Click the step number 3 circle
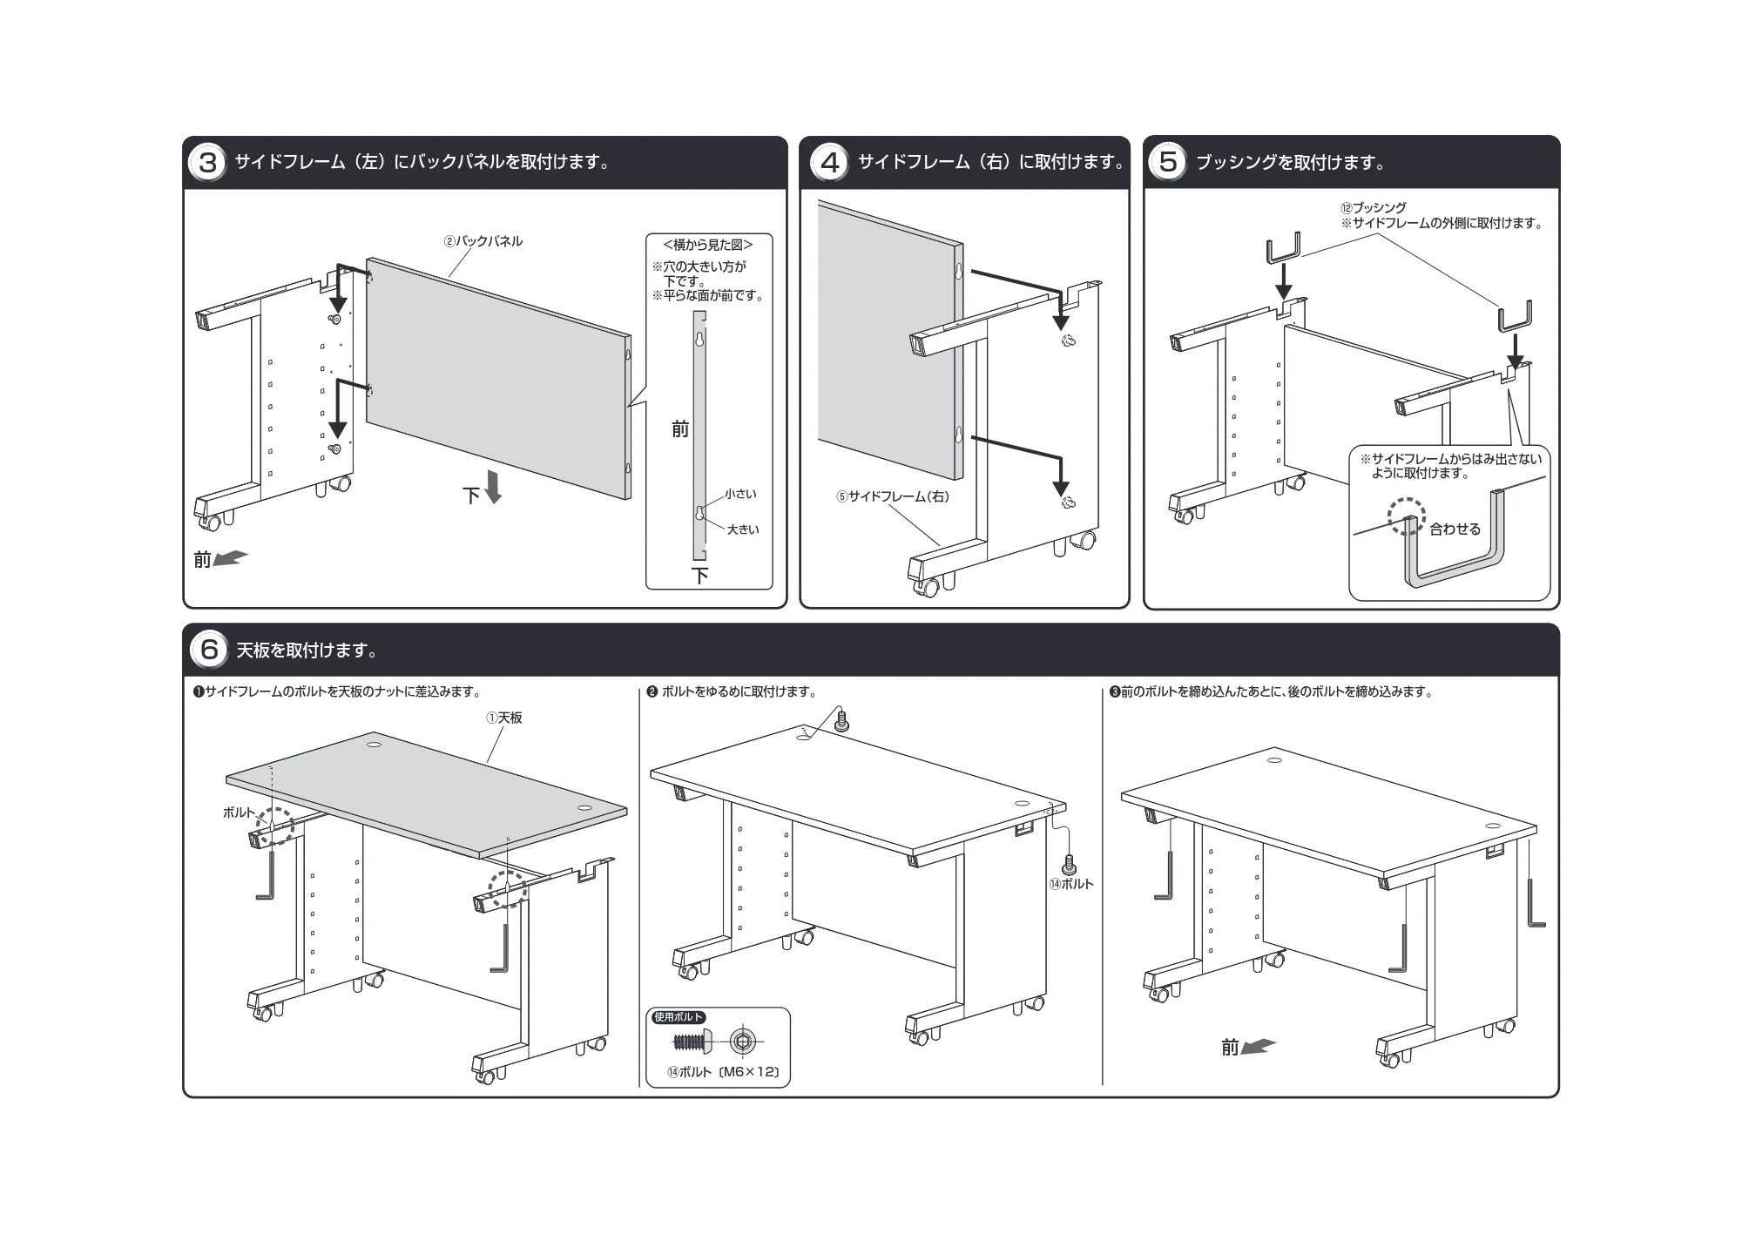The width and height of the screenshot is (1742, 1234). (207, 163)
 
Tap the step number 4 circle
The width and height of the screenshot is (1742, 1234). (829, 163)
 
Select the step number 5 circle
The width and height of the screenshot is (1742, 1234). (1167, 163)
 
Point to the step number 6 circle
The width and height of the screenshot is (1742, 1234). (209, 651)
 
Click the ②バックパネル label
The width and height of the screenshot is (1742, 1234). (483, 241)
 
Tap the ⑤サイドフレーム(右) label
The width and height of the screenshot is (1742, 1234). (893, 497)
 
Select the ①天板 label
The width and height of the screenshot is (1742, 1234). (504, 718)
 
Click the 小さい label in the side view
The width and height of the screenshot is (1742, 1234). (740, 494)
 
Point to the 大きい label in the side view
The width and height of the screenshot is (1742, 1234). (743, 529)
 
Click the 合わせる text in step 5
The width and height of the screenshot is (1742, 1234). (1455, 529)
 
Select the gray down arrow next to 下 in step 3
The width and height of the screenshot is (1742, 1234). (493, 487)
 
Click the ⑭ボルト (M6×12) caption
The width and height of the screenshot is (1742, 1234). (723, 1072)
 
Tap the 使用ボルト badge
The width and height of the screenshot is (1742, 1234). (679, 1017)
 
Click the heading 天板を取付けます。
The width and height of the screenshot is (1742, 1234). (307, 651)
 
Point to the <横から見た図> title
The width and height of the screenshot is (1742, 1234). (708, 246)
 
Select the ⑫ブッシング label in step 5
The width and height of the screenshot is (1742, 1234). (1373, 208)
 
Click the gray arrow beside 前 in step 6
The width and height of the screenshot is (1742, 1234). (1259, 1046)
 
